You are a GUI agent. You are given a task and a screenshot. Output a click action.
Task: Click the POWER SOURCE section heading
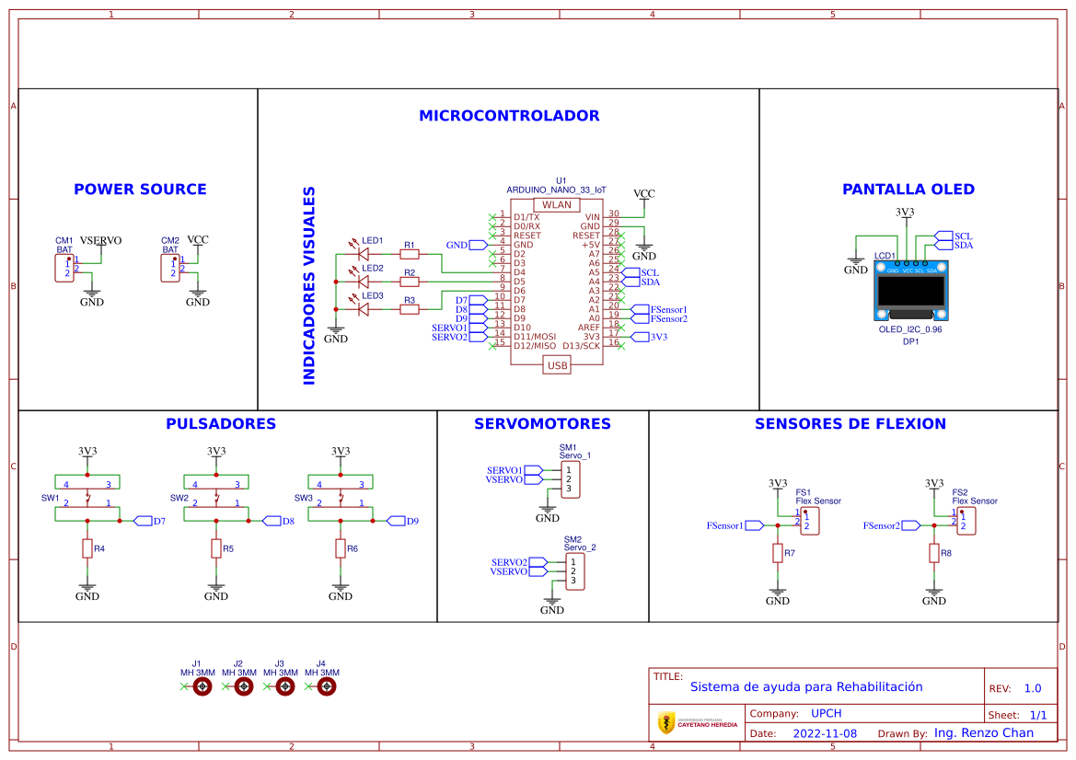point(140,190)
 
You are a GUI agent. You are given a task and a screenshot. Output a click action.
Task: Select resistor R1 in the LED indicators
point(409,254)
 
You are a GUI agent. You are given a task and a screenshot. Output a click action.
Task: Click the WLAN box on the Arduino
point(556,205)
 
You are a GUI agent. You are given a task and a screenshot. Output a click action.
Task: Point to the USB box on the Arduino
point(557,365)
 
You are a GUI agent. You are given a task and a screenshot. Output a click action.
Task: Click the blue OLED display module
point(908,293)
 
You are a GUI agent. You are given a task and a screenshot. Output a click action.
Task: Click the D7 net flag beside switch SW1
point(144,521)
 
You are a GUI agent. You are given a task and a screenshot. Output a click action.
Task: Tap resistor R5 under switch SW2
point(216,549)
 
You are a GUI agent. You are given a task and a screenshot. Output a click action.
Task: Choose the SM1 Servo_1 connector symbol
point(569,479)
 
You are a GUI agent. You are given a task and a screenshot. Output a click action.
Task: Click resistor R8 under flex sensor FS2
point(934,553)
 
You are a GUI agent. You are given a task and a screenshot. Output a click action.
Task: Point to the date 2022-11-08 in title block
point(824,734)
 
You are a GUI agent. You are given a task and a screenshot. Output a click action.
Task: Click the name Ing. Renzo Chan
point(983,733)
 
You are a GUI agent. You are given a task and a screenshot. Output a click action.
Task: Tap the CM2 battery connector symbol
point(170,268)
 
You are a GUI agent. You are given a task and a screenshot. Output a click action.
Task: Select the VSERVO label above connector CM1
point(100,240)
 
